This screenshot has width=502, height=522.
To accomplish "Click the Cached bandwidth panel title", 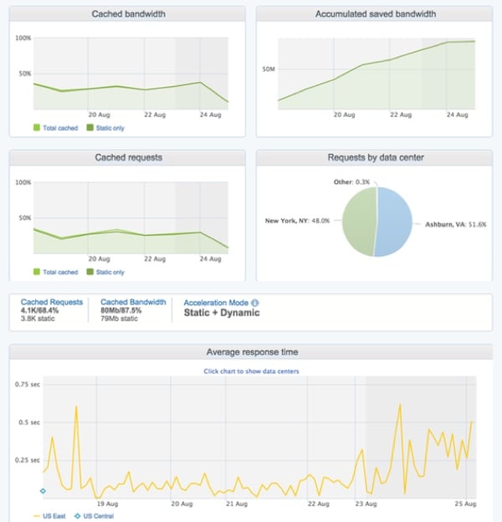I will coord(127,14).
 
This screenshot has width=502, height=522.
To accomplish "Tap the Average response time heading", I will coord(251,351).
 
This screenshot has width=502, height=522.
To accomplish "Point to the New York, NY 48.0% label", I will coord(297,221).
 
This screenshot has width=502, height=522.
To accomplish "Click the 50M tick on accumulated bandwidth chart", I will coord(269,69).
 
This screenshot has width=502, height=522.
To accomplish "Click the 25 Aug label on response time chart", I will coord(464,504).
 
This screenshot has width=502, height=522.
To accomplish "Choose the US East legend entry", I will coord(52,516).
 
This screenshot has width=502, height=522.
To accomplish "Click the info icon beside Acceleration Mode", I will coord(255,303).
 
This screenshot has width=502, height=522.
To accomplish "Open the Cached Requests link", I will coord(52,302).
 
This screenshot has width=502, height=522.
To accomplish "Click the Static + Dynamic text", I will coord(222,313).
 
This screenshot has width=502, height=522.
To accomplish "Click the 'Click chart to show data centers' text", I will coord(251,371).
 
